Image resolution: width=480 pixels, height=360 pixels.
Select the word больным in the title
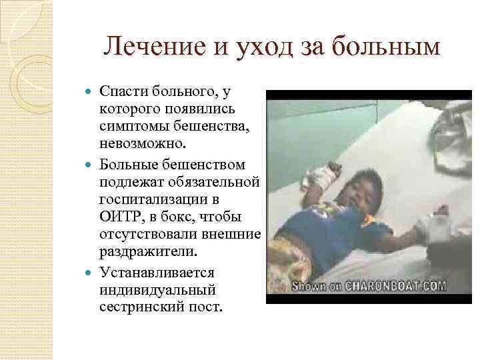[389, 47]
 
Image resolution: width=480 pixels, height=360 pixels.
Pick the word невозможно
[137, 145]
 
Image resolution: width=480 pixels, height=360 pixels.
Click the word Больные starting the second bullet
[132, 164]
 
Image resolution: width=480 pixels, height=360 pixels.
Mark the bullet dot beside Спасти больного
[92, 90]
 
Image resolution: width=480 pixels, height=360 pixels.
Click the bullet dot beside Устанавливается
[92, 272]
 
